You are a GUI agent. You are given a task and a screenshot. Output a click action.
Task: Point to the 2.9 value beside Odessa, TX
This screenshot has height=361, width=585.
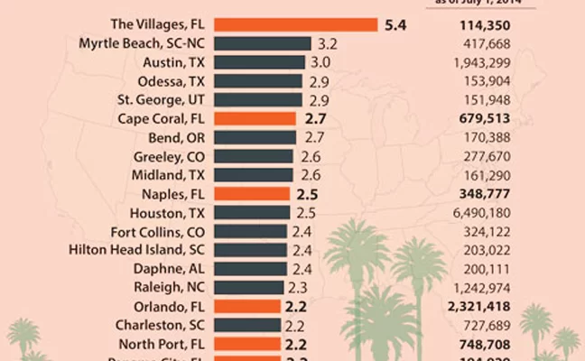pyautogui.click(x=318, y=81)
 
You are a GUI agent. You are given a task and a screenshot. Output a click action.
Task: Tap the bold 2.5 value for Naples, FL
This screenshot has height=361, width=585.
pyautogui.click(x=306, y=194)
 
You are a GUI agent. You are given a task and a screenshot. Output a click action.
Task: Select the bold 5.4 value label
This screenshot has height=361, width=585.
pyautogui.click(x=396, y=24)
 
